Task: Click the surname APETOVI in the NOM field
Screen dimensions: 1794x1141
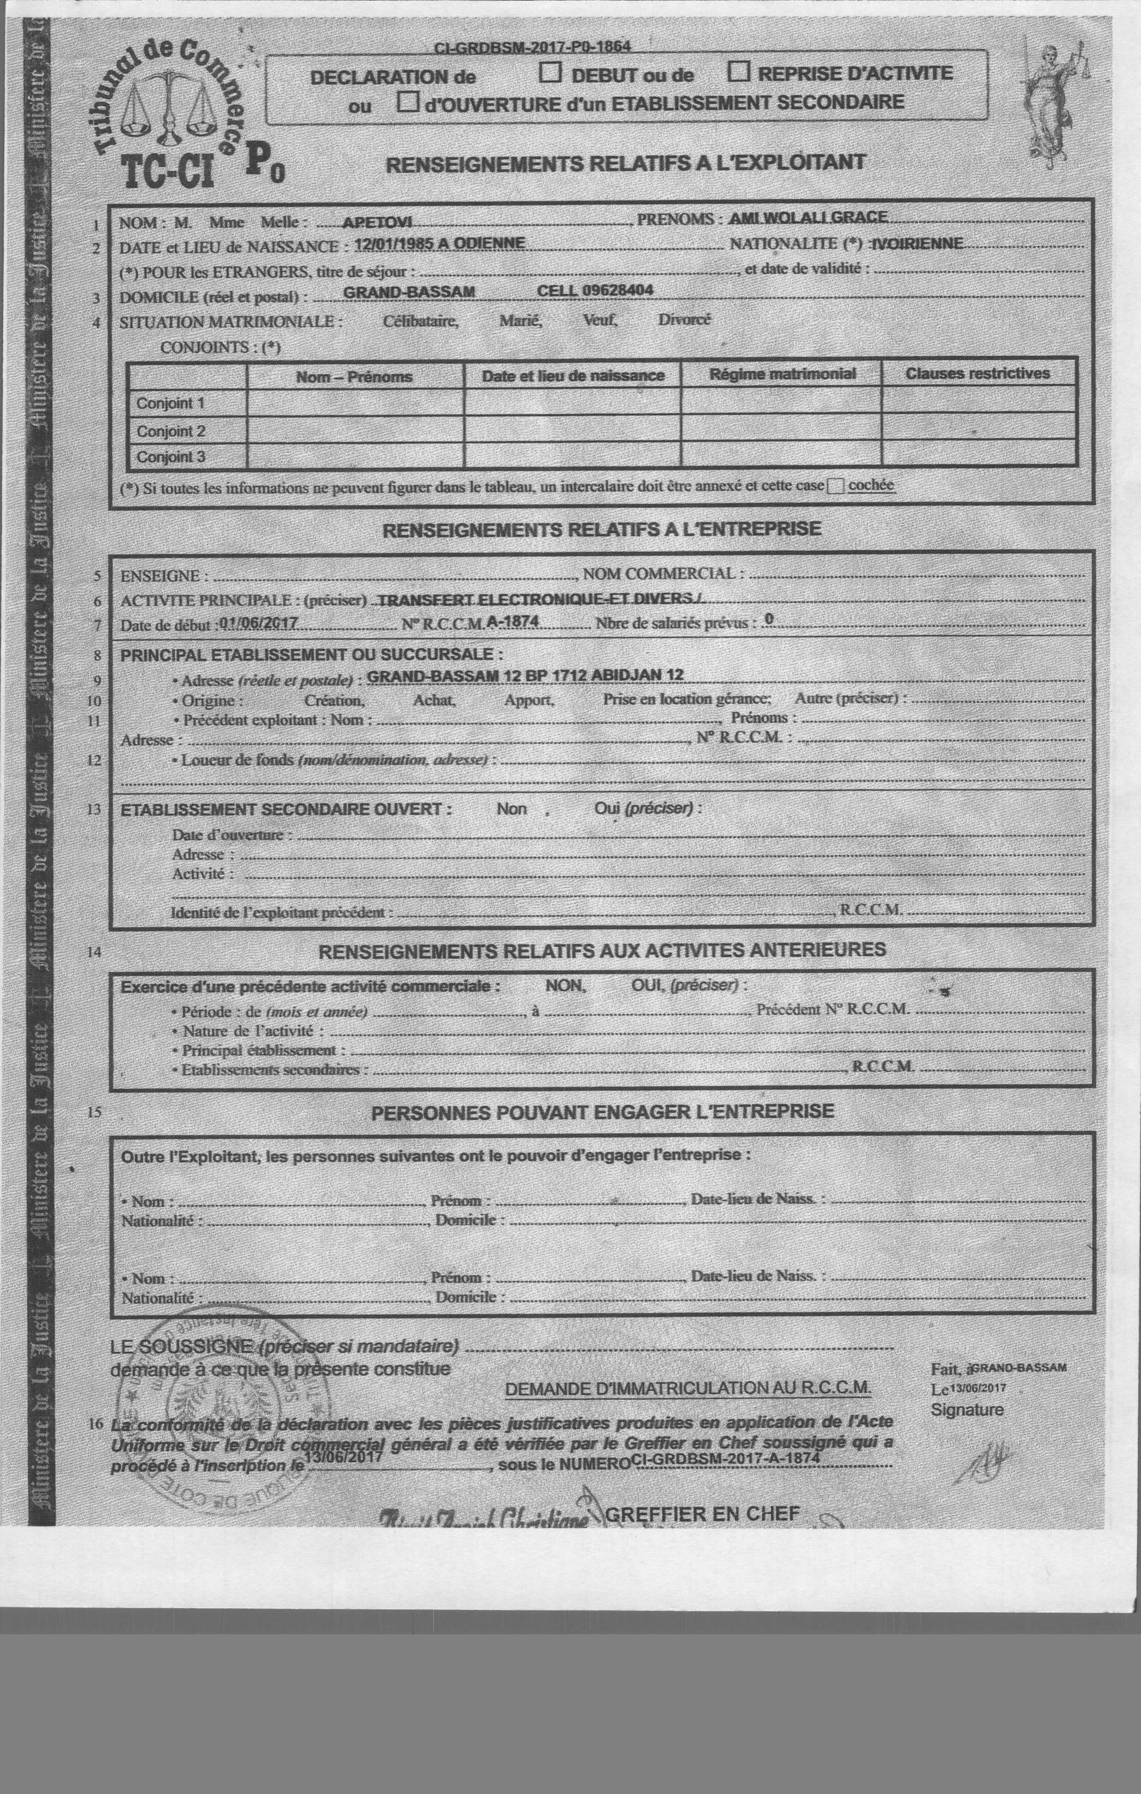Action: point(378,222)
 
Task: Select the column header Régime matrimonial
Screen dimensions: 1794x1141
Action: point(782,374)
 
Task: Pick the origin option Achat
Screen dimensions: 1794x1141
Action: point(433,700)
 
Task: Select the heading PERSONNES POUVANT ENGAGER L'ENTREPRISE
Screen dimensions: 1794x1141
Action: point(602,1112)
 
